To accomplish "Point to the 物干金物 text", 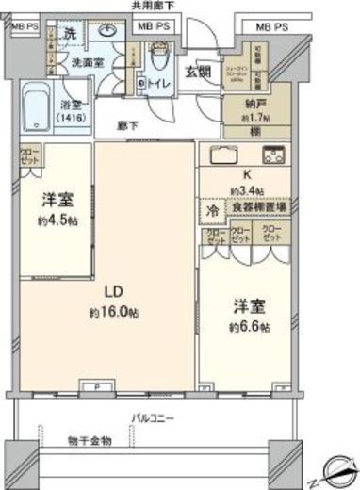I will point(90,440).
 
